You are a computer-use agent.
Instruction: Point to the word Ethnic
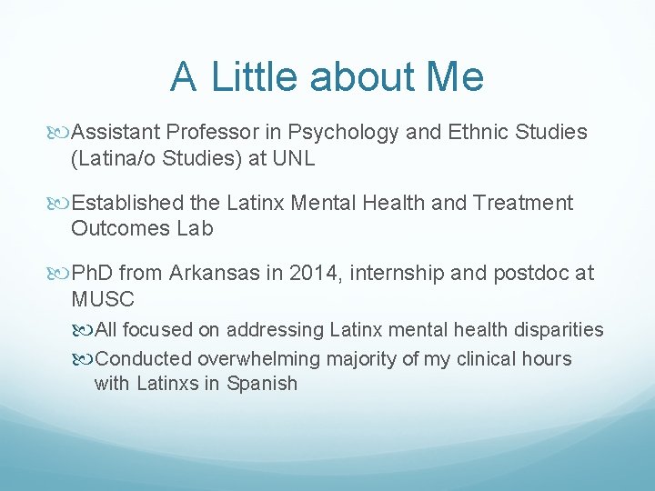click(478, 133)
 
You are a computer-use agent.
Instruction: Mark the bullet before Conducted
click(84, 359)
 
